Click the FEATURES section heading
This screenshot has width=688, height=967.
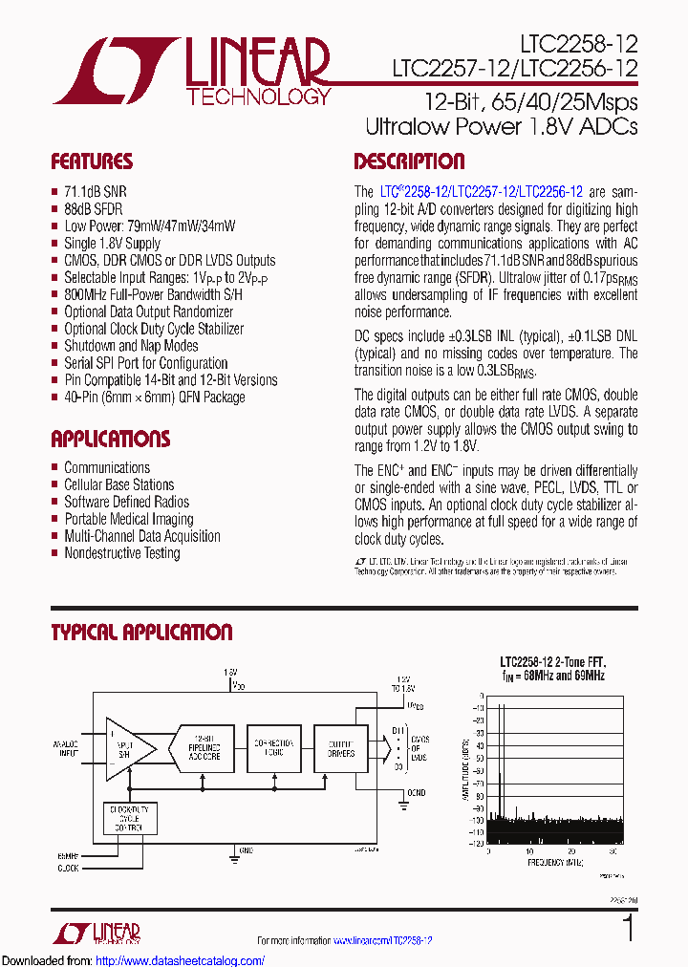pyautogui.click(x=92, y=161)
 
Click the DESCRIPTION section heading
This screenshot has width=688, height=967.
pyautogui.click(x=409, y=161)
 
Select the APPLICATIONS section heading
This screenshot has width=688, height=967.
pyautogui.click(x=110, y=440)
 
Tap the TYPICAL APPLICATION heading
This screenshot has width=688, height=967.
pyautogui.click(x=141, y=633)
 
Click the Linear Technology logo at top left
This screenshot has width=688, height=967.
pyautogui.click(x=191, y=73)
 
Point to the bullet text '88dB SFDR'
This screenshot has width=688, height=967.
pyautogui.click(x=93, y=209)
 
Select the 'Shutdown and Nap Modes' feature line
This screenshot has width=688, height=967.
pyautogui.click(x=131, y=346)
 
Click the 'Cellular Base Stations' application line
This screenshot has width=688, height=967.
pyautogui.click(x=118, y=484)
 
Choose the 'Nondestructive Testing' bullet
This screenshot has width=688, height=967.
pyautogui.click(x=121, y=553)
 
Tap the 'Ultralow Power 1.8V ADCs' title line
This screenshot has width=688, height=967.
pyautogui.click(x=501, y=126)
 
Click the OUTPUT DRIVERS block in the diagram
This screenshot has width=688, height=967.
pyautogui.click(x=335, y=748)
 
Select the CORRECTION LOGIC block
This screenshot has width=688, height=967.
pyautogui.click(x=273, y=748)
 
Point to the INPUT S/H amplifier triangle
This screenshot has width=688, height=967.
pyautogui.click(x=124, y=747)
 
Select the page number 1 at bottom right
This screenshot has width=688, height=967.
pyautogui.click(x=627, y=929)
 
